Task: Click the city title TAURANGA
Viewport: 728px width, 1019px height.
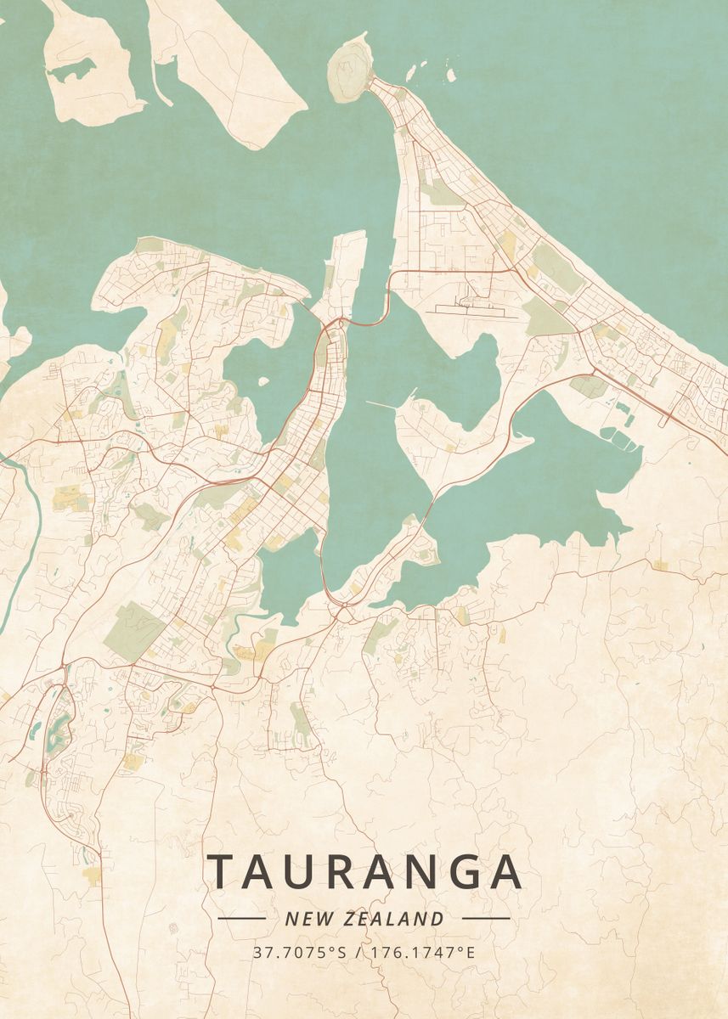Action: (364, 871)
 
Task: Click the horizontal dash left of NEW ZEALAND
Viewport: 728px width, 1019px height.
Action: (242, 918)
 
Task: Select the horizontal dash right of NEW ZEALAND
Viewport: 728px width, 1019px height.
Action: (486, 918)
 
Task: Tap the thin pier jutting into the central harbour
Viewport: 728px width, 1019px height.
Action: (392, 403)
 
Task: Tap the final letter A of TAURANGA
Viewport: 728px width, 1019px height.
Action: (506, 871)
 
